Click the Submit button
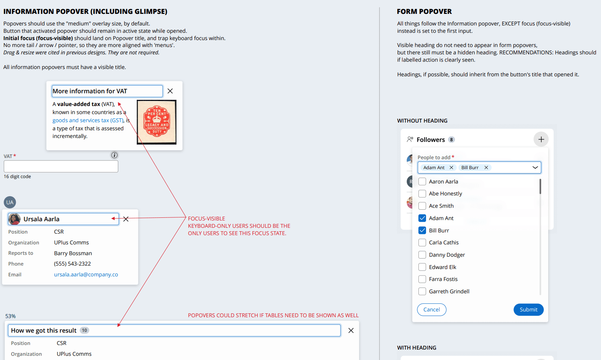point(528,310)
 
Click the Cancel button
point(431,310)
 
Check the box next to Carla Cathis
point(422,242)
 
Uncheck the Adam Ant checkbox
point(422,218)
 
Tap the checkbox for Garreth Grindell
point(422,291)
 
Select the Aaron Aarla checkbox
point(422,182)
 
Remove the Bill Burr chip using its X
point(486,168)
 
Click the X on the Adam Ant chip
point(451,168)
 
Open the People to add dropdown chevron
point(535,168)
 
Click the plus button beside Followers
point(541,140)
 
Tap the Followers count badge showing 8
point(451,140)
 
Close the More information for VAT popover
point(170,91)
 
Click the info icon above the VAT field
point(114,155)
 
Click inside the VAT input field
point(61,167)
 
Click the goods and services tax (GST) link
point(88,120)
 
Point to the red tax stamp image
point(156,122)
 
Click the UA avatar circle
point(10,202)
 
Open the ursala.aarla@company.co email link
point(86,274)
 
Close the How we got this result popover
point(351,330)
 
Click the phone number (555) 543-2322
point(72,264)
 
